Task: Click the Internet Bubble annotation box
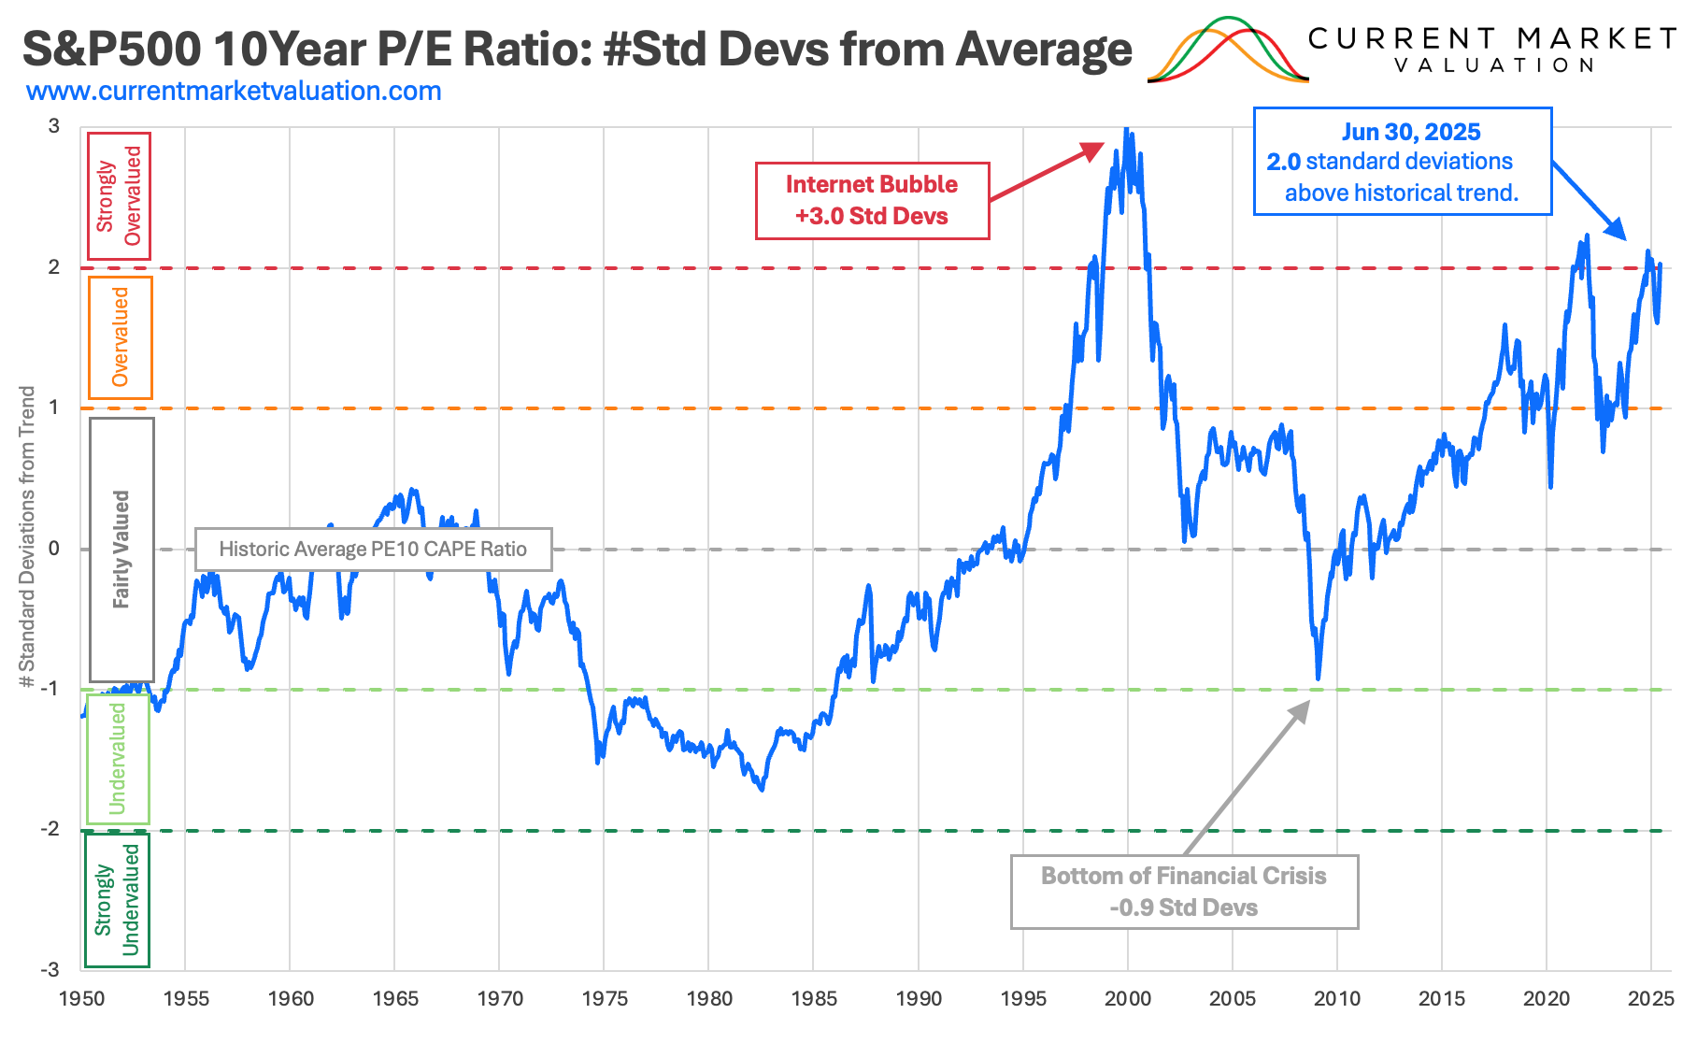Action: click(872, 201)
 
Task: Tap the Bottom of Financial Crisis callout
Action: click(1183, 892)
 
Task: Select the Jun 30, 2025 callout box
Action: click(1402, 162)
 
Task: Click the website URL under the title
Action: click(234, 92)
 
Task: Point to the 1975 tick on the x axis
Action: click(605, 998)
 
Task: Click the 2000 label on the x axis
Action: click(1128, 998)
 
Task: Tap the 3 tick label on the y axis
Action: click(53, 126)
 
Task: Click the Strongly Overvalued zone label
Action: click(119, 196)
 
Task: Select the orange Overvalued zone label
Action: click(120, 337)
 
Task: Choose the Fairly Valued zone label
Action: click(121, 550)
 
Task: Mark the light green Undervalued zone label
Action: click(118, 758)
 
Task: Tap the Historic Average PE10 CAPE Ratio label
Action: click(373, 550)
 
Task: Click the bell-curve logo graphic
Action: click(1228, 51)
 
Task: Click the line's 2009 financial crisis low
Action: click(1318, 678)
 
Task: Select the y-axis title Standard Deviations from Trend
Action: click(27, 537)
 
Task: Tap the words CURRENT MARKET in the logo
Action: click(1491, 38)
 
